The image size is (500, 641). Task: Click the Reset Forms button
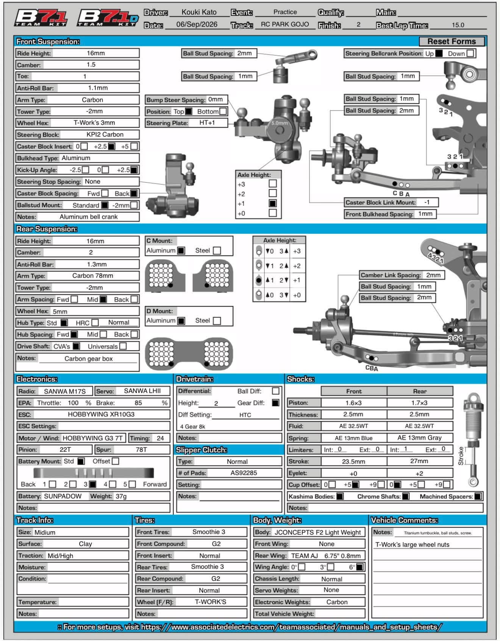click(x=452, y=41)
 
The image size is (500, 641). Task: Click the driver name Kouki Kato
click(x=199, y=12)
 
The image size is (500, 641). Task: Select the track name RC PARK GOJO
click(x=285, y=25)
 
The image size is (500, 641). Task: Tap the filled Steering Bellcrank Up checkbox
click(x=439, y=53)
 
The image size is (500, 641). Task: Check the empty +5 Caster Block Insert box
click(x=134, y=146)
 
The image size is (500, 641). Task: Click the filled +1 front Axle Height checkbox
click(x=272, y=203)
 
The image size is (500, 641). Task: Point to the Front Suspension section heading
click(x=48, y=41)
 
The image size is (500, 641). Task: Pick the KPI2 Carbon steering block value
click(x=105, y=134)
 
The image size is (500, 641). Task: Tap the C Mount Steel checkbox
click(x=217, y=250)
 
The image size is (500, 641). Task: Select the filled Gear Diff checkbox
click(x=276, y=403)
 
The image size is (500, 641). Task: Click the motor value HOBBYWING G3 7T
click(x=93, y=438)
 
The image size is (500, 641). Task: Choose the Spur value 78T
click(x=141, y=450)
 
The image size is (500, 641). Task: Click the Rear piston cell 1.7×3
click(x=420, y=403)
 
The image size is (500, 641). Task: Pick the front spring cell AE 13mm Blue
click(x=354, y=438)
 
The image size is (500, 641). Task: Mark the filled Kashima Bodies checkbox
click(x=340, y=496)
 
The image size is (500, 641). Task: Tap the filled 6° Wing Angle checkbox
click(x=360, y=567)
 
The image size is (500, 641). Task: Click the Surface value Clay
click(x=85, y=544)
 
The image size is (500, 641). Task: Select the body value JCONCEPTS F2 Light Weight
click(x=318, y=532)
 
